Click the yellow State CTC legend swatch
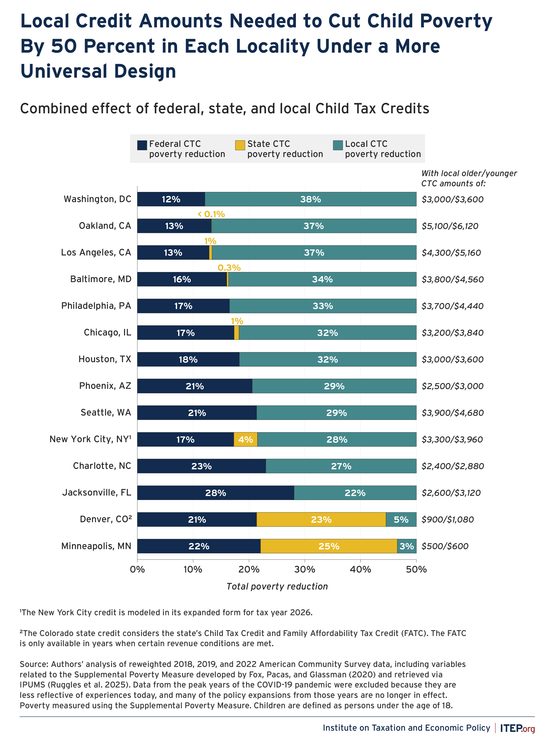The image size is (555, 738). pyautogui.click(x=240, y=145)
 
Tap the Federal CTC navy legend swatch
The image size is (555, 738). pyautogui.click(x=142, y=145)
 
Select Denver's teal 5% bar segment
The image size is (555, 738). pyautogui.click(x=401, y=519)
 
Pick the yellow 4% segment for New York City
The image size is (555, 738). pyautogui.click(x=245, y=439)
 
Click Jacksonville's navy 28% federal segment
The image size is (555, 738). pyautogui.click(x=215, y=493)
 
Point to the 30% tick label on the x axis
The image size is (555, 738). pyautogui.click(x=304, y=569)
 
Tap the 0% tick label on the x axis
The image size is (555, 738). pyautogui.click(x=137, y=569)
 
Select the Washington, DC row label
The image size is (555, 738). pyautogui.click(x=97, y=199)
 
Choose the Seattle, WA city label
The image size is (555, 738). pyautogui.click(x=106, y=413)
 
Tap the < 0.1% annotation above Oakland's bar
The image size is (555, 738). pyautogui.click(x=211, y=214)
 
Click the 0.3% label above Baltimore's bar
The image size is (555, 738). pyautogui.click(x=229, y=267)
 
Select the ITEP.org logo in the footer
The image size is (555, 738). pyautogui.click(x=517, y=728)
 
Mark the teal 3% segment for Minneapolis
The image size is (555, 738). pyautogui.click(x=407, y=546)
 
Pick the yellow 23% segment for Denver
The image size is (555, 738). pyautogui.click(x=321, y=519)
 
